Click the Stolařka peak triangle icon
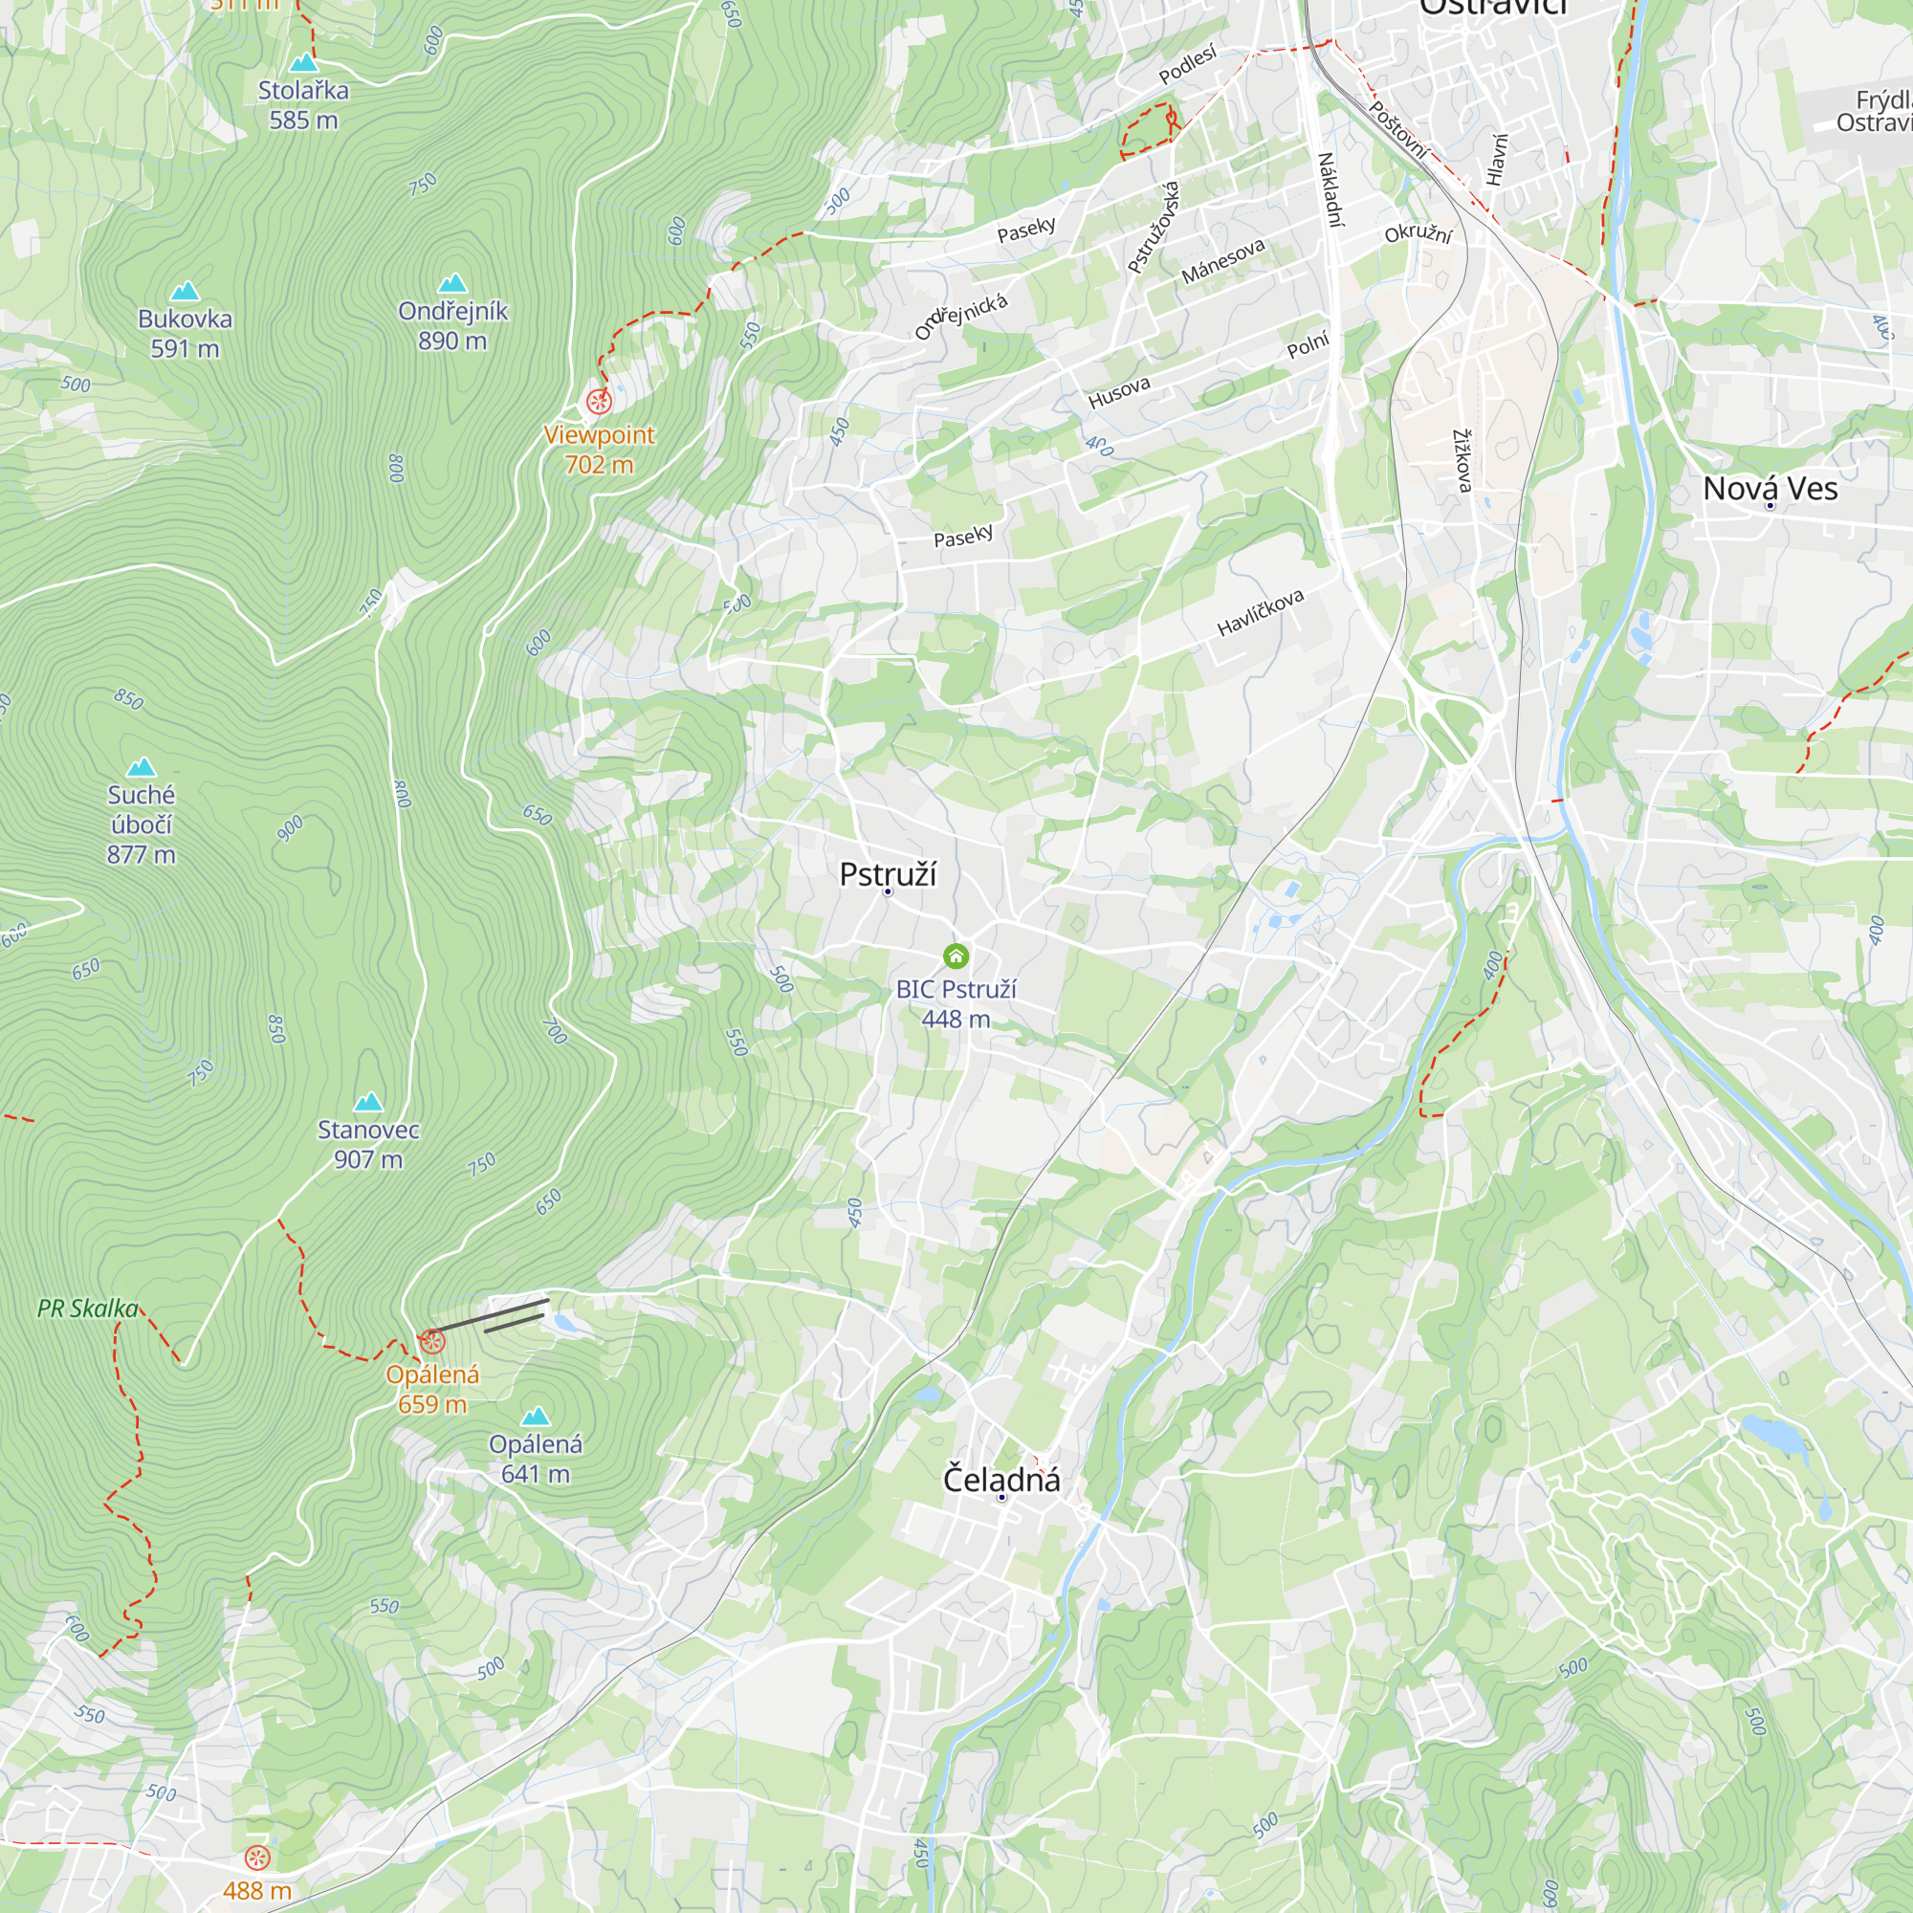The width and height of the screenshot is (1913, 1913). pyautogui.click(x=303, y=63)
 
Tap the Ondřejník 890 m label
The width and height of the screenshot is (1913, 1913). pyautogui.click(x=452, y=326)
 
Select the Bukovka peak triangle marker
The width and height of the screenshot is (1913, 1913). pyautogui.click(x=186, y=291)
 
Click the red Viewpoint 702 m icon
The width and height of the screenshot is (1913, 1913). pyautogui.click(x=599, y=401)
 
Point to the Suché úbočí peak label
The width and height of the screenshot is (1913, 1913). pyautogui.click(x=141, y=824)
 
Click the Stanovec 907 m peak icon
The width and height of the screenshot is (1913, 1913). pyautogui.click(x=368, y=1102)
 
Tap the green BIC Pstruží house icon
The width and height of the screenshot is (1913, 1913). pyautogui.click(x=956, y=956)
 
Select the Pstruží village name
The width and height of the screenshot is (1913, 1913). pyautogui.click(x=888, y=874)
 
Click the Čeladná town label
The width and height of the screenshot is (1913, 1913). pyautogui.click(x=1001, y=1480)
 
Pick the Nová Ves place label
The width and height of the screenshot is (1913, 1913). pyautogui.click(x=1770, y=489)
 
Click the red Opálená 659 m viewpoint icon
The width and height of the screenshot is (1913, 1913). pyautogui.click(x=431, y=1342)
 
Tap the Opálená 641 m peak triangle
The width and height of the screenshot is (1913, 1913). pyautogui.click(x=536, y=1416)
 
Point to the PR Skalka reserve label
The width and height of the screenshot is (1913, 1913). pyautogui.click(x=88, y=1309)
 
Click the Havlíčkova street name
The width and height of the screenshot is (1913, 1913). pyautogui.click(x=1261, y=613)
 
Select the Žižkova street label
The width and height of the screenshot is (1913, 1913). pyautogui.click(x=1462, y=460)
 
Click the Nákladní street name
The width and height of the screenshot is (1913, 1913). pyautogui.click(x=1330, y=190)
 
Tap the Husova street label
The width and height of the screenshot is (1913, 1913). pyautogui.click(x=1119, y=393)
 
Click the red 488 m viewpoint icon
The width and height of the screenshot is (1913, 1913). pyautogui.click(x=257, y=1858)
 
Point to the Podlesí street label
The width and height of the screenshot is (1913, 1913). pyautogui.click(x=1187, y=65)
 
